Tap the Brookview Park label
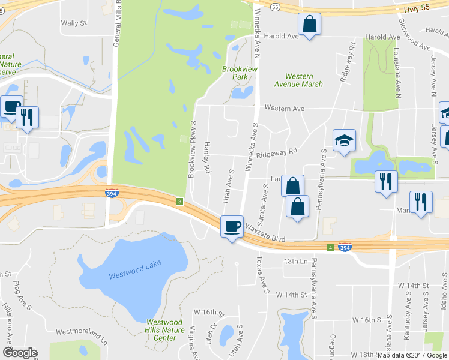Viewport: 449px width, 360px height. point(235,73)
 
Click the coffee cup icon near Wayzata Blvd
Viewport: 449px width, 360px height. point(232,227)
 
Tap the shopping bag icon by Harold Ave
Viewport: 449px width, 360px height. point(309,26)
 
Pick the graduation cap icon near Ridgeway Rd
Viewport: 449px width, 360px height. point(344,141)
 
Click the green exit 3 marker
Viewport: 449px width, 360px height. point(179,201)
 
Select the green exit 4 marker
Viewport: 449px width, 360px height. point(330,247)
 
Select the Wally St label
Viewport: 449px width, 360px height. point(74,23)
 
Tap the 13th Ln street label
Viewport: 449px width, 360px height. point(295,261)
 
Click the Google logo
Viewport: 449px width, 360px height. point(20,353)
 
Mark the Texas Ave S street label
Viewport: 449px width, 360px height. point(261,275)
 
